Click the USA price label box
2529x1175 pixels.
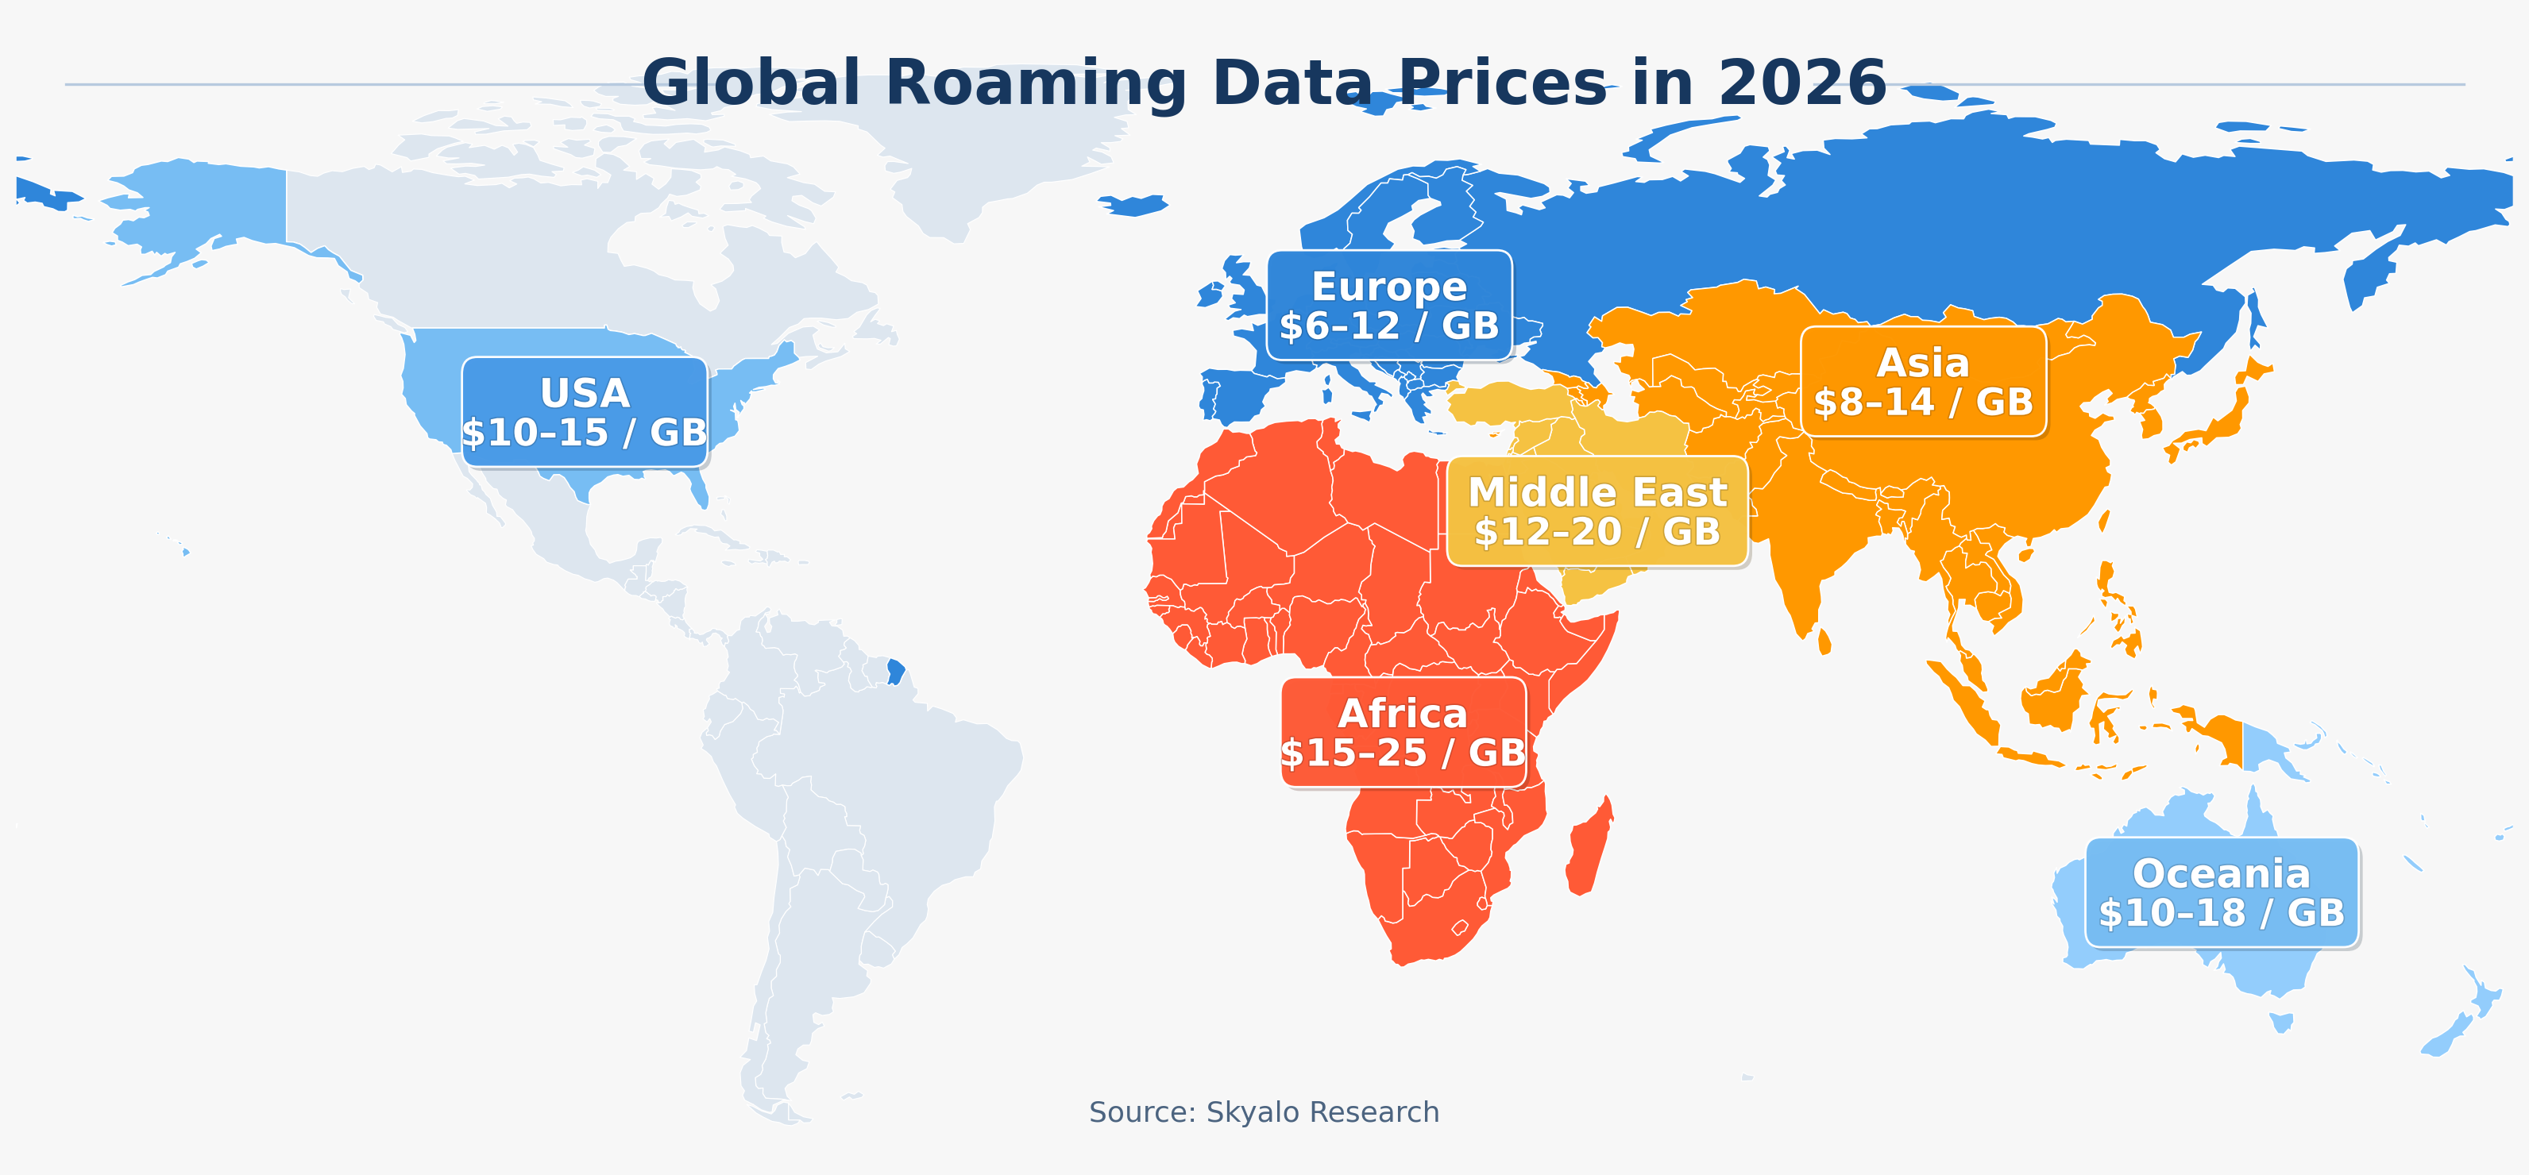(584, 412)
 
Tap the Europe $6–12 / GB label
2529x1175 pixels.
(1389, 306)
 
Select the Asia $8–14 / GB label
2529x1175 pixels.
(1923, 382)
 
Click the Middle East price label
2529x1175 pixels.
(1597, 511)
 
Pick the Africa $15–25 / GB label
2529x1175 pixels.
(1403, 732)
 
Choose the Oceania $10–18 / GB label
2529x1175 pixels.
(2222, 892)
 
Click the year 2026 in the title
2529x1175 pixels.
(1801, 83)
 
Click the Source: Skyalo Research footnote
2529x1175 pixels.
(1264, 1112)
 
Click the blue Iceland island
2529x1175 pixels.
(1134, 205)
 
